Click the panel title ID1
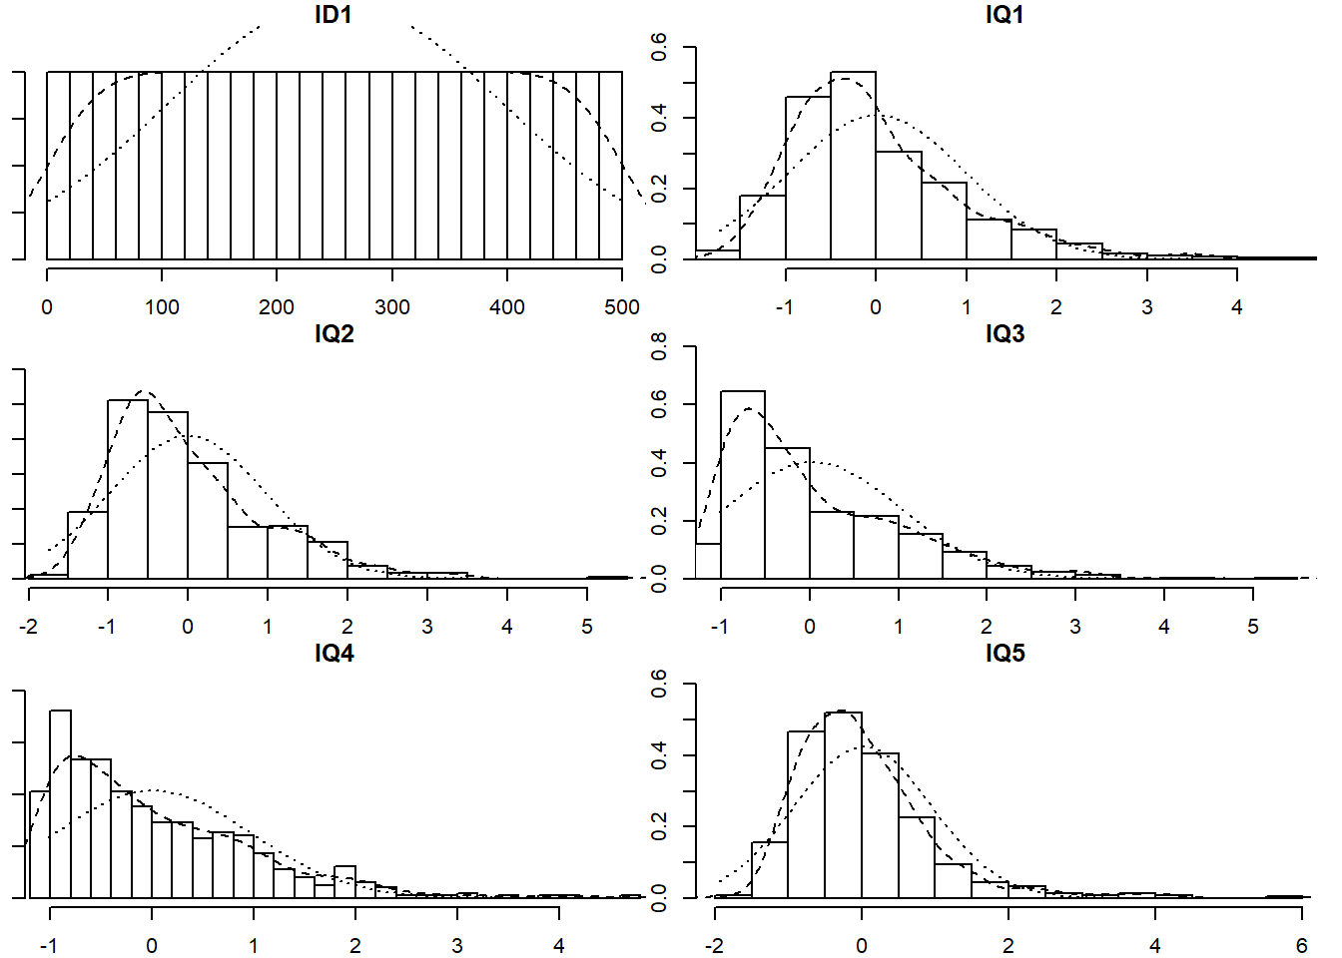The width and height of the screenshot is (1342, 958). [x=334, y=14]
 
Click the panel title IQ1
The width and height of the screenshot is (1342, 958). [x=1005, y=14]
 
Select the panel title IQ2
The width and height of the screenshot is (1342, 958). [x=334, y=333]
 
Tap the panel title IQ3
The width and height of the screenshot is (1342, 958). [x=1005, y=333]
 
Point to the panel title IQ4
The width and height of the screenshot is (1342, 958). [x=334, y=653]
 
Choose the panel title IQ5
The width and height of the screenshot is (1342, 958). [x=1005, y=653]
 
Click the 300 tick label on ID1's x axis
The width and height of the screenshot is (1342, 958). [x=391, y=307]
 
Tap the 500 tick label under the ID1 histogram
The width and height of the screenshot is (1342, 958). [x=622, y=307]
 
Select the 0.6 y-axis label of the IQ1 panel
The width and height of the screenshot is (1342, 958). [x=659, y=47]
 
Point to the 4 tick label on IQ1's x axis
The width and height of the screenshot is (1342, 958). [x=1237, y=307]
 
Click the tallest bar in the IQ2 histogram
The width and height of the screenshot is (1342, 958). [x=128, y=489]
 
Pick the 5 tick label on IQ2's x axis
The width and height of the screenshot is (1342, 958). [x=587, y=627]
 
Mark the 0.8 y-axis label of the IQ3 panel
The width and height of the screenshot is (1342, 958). [x=659, y=346]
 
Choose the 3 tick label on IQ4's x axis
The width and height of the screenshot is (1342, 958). [x=457, y=946]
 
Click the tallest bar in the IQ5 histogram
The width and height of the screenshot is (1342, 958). [x=843, y=804]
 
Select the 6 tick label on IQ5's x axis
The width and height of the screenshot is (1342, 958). [x=1302, y=946]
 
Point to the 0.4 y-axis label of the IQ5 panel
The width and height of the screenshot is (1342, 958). [x=659, y=755]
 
